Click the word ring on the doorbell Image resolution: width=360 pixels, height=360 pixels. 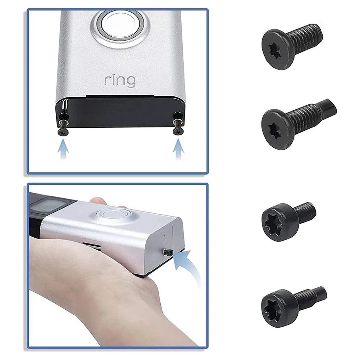pos(120,81)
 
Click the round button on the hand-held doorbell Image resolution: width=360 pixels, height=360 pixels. pos(114,214)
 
